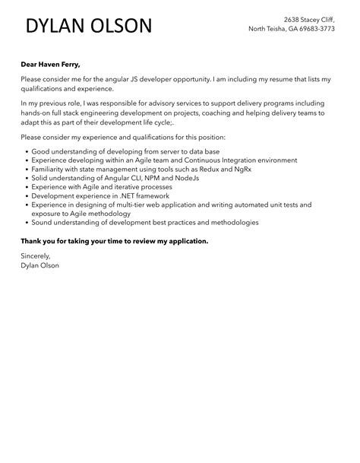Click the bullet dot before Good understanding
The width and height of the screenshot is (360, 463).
[x=24, y=151]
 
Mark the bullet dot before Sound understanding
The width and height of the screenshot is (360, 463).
[x=24, y=223]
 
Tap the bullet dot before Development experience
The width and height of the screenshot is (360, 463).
[x=24, y=196]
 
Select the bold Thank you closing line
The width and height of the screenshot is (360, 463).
[x=114, y=241]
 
